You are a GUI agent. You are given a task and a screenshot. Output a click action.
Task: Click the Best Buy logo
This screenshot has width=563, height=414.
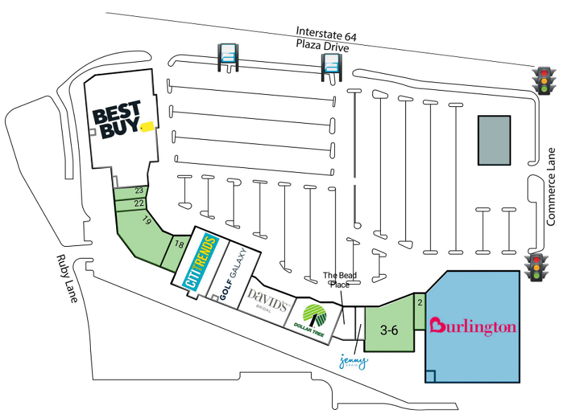click(117, 119)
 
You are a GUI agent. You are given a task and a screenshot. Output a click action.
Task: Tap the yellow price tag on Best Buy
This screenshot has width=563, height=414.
click(146, 127)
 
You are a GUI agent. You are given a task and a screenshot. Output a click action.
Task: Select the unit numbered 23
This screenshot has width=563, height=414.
click(139, 190)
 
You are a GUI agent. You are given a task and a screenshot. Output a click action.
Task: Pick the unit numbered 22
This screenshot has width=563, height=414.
click(139, 203)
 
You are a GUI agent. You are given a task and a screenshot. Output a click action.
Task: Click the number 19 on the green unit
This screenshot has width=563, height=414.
click(146, 221)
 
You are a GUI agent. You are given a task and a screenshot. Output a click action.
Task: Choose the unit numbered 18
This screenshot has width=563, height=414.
click(179, 245)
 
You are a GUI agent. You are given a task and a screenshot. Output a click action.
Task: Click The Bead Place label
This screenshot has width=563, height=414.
click(336, 280)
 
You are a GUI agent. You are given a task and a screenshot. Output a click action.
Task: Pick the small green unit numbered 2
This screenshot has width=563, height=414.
click(419, 303)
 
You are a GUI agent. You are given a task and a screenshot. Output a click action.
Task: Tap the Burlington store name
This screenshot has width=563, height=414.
click(473, 326)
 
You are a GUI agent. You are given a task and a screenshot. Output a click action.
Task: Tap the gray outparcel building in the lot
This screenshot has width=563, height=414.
click(495, 141)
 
